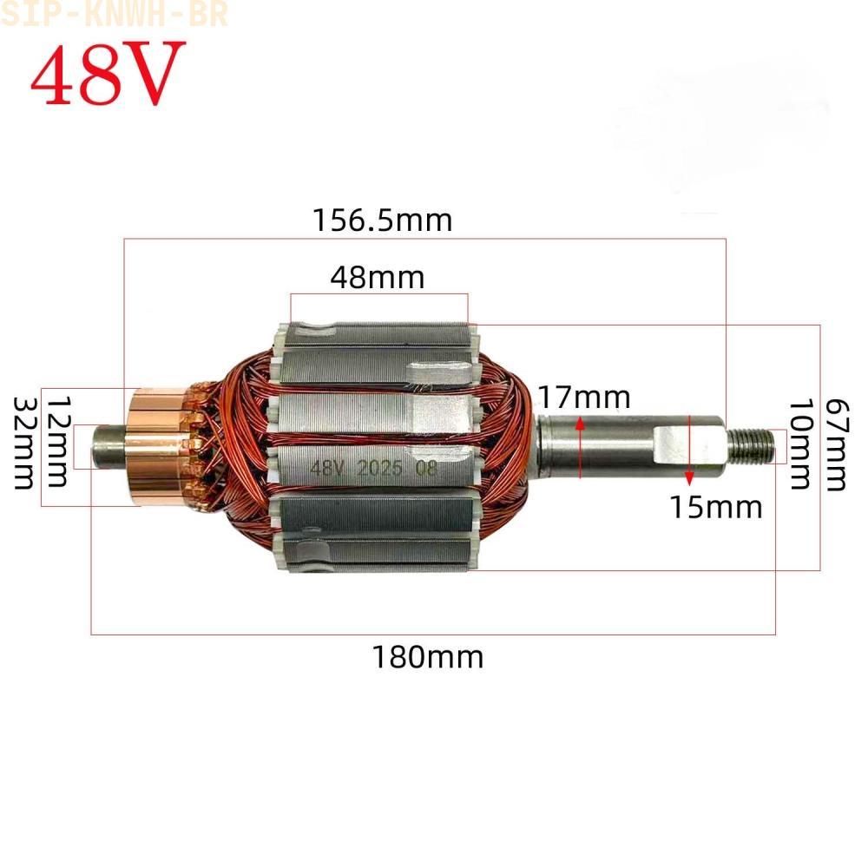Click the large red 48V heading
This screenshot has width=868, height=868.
tap(107, 73)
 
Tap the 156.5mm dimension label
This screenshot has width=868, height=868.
tap(383, 220)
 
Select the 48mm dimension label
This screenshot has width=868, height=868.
tap(378, 278)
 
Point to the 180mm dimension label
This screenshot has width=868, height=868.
tap(427, 657)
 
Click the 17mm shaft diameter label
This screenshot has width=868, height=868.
tap(584, 398)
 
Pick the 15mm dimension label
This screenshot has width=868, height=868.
tap(716, 507)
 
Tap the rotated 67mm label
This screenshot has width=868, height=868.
tap(837, 444)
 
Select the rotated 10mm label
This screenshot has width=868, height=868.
tap(800, 444)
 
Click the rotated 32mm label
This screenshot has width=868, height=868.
tap(23, 443)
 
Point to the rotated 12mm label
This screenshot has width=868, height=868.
tap(58, 441)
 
